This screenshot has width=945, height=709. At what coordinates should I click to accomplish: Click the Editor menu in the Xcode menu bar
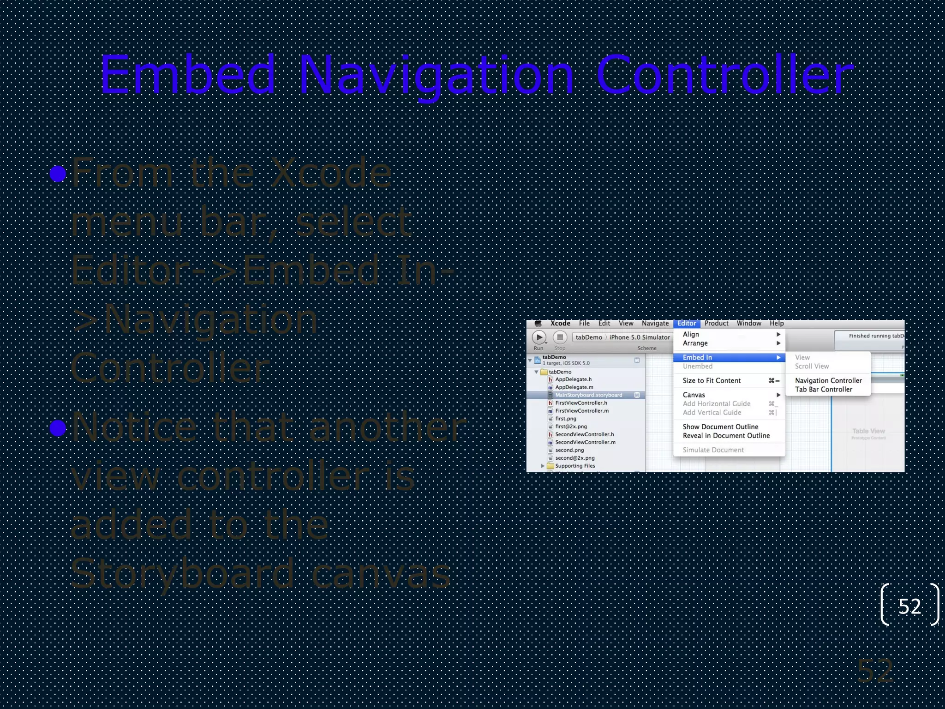(686, 324)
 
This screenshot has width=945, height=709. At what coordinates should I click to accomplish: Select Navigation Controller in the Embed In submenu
(828, 380)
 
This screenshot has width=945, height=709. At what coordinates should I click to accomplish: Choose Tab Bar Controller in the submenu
(823, 390)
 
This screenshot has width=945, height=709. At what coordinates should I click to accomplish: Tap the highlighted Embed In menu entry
(697, 357)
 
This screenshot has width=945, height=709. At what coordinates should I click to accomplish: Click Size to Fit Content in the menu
(712, 381)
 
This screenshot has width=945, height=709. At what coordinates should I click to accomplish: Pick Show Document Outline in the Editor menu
(720, 427)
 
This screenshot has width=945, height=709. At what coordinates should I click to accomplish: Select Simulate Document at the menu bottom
(713, 450)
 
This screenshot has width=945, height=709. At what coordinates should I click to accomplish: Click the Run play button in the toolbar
(539, 337)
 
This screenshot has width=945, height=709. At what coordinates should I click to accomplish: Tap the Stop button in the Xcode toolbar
(560, 337)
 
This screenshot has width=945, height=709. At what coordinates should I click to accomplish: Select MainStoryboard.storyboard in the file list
(588, 395)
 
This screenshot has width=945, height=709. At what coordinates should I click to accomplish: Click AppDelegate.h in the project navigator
(573, 379)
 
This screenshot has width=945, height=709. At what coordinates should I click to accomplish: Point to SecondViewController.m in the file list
(585, 442)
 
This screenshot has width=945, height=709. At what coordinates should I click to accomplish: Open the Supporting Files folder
(575, 466)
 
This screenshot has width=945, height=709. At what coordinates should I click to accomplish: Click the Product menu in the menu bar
(716, 324)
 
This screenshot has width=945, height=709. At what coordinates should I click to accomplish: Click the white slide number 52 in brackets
(909, 607)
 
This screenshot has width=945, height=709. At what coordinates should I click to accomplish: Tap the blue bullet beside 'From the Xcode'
(58, 174)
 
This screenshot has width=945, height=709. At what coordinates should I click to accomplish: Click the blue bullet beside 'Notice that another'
(58, 428)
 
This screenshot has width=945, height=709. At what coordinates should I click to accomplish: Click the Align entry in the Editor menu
(691, 334)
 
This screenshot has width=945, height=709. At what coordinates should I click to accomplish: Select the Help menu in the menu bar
(777, 324)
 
